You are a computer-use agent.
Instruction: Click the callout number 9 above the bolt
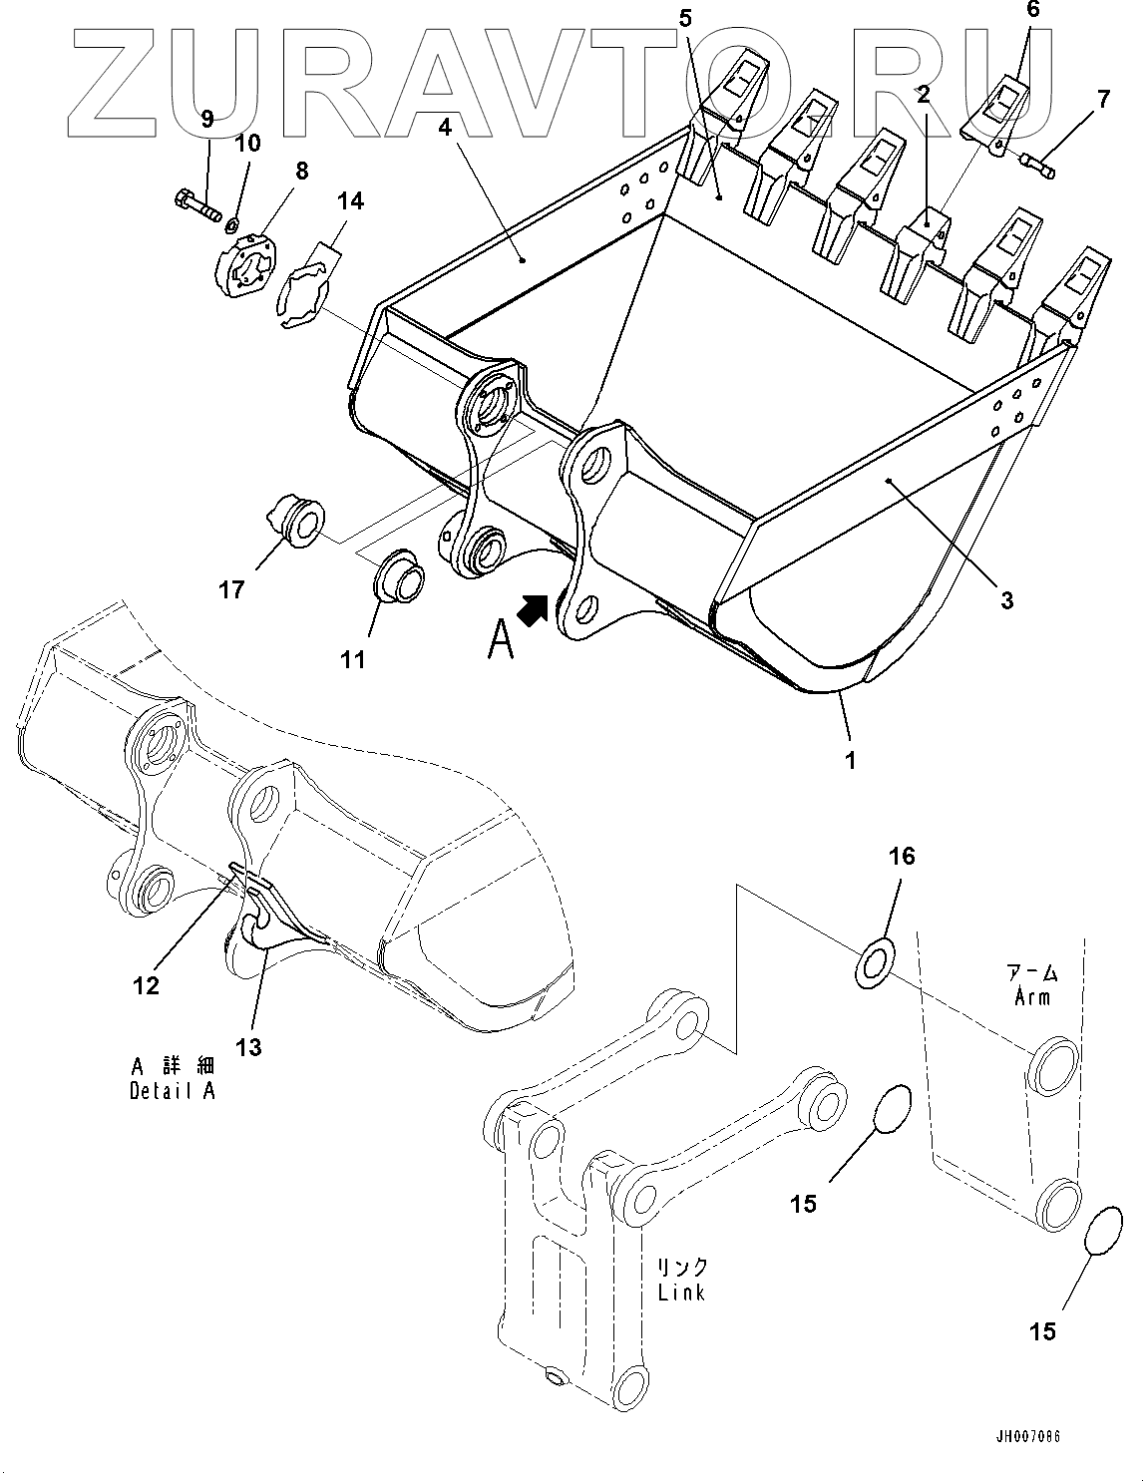coord(207,120)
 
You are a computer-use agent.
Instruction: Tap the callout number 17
coord(231,590)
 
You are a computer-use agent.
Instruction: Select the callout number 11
coord(352,659)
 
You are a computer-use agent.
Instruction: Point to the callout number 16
coord(902,856)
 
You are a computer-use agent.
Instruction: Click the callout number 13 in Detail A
coord(248,1046)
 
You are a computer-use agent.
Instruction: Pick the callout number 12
coord(146,985)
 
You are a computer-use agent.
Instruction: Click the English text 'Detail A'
coord(172,1090)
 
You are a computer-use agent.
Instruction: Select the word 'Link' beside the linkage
coord(681,1292)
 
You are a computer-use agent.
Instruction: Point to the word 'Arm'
coord(1031,996)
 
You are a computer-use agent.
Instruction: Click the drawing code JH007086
coord(1027,1437)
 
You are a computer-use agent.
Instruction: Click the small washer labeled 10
coord(232,220)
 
